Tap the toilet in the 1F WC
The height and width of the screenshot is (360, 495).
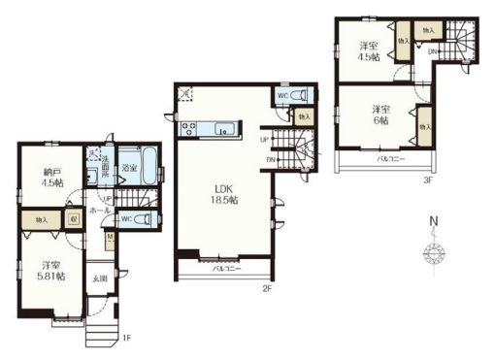144,220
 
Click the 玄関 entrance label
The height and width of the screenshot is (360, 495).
101,280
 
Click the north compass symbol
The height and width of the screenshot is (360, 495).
433,254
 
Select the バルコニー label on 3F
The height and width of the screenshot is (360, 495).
391,157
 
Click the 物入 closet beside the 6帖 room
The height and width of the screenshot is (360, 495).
423,125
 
